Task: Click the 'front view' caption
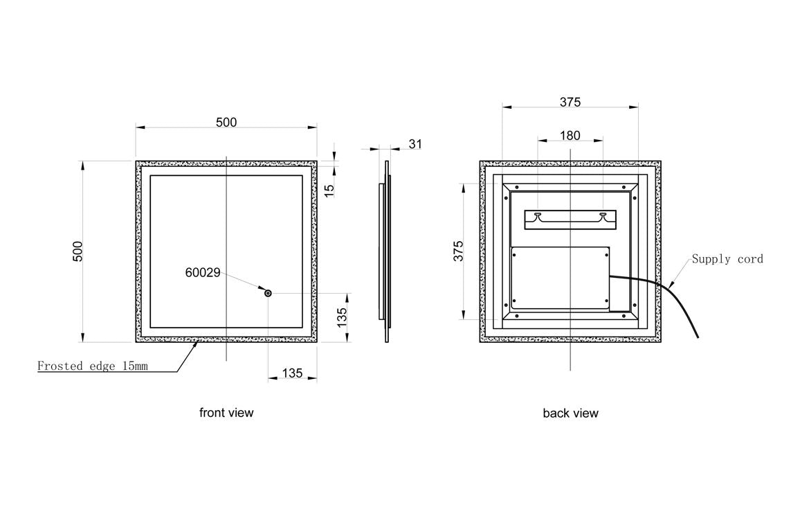pos(226,413)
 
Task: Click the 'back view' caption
pos(570,414)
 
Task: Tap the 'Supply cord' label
pos(727,259)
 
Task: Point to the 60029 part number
pos(203,273)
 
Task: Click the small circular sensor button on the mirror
pos(268,294)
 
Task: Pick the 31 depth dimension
pos(415,144)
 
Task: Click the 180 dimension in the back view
pos(570,135)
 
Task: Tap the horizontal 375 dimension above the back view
pos(570,102)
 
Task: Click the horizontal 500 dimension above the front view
pos(226,123)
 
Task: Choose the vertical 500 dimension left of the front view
pos(78,251)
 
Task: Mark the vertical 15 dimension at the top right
pos(329,188)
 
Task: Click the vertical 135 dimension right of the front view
pos(342,317)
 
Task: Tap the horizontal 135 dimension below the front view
pos(292,373)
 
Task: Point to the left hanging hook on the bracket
pos(538,215)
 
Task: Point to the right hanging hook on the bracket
pos(603,215)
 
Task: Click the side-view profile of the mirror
pos(383,251)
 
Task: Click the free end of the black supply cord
pos(697,337)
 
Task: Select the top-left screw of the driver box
pos(515,254)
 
